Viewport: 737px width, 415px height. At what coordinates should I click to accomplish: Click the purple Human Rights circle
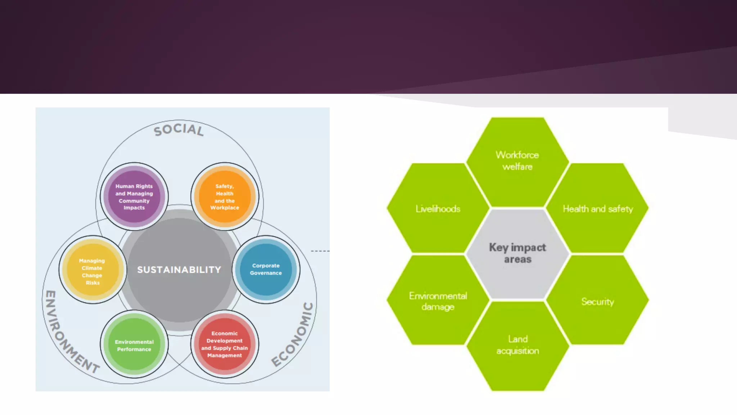click(x=134, y=197)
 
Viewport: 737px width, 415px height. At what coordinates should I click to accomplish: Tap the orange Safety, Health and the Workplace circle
click(x=225, y=197)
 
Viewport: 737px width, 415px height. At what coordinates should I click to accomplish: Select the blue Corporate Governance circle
click(x=266, y=269)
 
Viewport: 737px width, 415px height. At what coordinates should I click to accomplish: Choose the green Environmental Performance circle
click(x=134, y=345)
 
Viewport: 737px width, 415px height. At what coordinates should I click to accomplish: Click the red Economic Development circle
click(x=225, y=344)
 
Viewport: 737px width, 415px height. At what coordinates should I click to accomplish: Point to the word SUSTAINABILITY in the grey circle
click(x=179, y=269)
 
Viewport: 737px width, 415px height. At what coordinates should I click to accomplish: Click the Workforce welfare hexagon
click(x=517, y=161)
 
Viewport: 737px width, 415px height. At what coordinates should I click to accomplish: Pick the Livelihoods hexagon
click(x=438, y=209)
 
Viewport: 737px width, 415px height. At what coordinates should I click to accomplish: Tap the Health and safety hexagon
click(x=598, y=209)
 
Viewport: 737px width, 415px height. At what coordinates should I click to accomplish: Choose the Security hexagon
click(x=598, y=302)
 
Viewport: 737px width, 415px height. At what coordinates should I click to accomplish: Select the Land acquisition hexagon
click(x=517, y=345)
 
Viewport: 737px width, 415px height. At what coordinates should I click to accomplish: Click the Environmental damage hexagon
click(x=438, y=301)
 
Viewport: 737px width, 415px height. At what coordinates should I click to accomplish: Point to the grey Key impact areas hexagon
click(x=517, y=253)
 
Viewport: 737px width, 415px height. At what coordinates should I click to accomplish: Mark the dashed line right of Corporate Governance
click(x=320, y=251)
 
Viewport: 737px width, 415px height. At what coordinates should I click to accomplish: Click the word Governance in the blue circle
click(x=266, y=273)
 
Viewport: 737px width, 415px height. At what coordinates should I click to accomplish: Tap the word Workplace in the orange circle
click(x=225, y=208)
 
